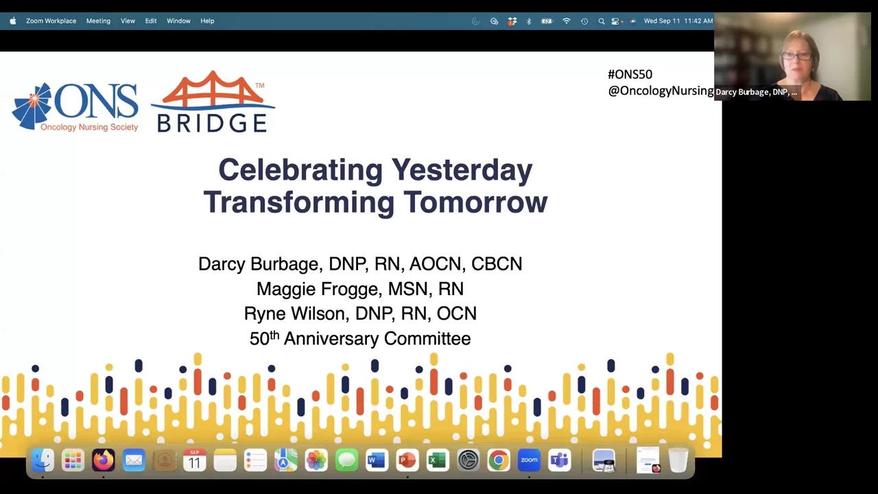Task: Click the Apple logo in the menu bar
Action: [13, 21]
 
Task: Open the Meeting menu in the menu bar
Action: [98, 21]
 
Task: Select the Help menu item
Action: [207, 21]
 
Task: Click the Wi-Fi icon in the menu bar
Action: [567, 21]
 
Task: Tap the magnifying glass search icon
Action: [602, 21]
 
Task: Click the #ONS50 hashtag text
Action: [630, 75]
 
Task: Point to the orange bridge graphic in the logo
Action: [213, 89]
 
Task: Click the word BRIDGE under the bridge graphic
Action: [212, 123]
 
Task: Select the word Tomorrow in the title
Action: [475, 202]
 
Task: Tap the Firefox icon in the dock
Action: [104, 460]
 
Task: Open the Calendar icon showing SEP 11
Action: [194, 460]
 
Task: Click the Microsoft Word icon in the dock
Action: [377, 460]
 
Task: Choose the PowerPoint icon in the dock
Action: [407, 460]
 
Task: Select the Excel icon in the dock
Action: [438, 460]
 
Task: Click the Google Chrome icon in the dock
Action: [499, 460]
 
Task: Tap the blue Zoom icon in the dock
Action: [529, 460]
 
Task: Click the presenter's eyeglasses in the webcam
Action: [797, 56]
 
